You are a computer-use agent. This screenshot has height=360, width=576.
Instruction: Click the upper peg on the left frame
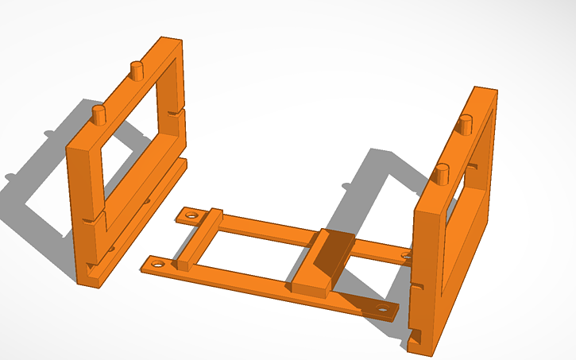(137, 70)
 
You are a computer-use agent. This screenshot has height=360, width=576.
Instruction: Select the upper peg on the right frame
(466, 125)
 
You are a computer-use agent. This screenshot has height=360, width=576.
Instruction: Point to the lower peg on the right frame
(443, 172)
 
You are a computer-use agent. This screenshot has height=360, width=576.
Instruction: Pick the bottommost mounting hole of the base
(383, 308)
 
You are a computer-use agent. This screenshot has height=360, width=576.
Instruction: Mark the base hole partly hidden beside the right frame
(407, 255)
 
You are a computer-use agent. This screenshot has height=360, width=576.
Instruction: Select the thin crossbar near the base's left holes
(199, 237)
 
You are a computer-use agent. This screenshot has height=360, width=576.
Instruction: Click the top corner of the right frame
(485, 90)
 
